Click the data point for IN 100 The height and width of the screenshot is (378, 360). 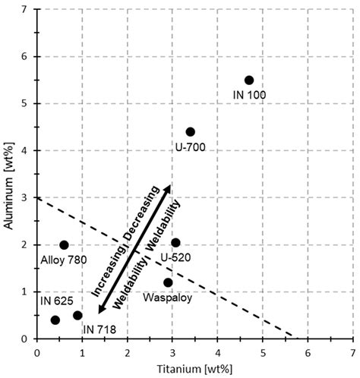248,80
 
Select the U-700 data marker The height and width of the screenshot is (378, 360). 190,132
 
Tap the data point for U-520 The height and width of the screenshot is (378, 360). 175,243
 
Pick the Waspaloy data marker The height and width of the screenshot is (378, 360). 168,282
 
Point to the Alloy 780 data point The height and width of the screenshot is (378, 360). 64,245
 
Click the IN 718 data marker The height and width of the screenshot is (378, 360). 77,315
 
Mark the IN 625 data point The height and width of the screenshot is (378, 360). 55,320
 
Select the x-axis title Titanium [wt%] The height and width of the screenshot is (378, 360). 194,370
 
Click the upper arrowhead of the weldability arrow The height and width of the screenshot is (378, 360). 168,187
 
